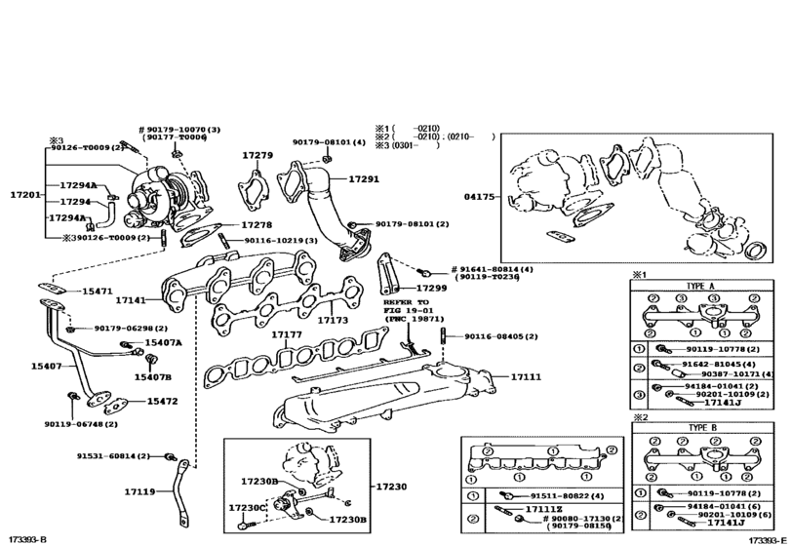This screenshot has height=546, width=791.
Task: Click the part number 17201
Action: [25, 196]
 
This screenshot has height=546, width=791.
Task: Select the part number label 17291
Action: [364, 179]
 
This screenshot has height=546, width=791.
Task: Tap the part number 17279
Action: [257, 155]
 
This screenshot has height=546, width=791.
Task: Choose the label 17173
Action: [333, 319]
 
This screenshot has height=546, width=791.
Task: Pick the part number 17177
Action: [287, 334]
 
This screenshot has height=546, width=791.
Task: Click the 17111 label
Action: [526, 375]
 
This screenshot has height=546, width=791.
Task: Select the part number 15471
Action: [97, 292]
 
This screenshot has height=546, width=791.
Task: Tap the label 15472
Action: [162, 401]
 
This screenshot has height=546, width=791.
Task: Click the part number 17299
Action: [431, 289]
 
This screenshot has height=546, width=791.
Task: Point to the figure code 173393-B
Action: [27, 538]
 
